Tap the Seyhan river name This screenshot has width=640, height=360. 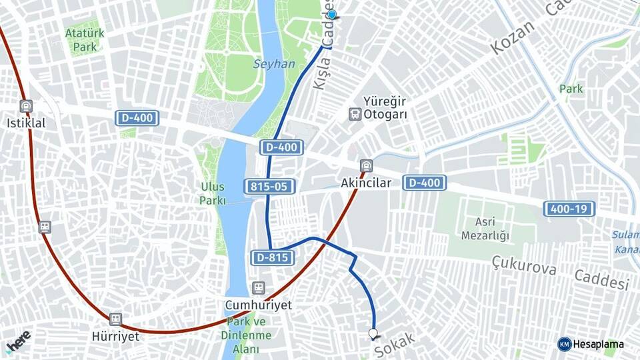tap(273, 64)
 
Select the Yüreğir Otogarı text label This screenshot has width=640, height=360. tap(385, 107)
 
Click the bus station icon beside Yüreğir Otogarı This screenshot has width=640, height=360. tap(355, 115)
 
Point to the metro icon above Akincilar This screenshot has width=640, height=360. tap(365, 166)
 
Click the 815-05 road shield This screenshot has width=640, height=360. tap(270, 187)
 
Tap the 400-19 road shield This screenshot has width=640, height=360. tap(569, 209)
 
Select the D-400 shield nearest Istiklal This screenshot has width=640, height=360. tap(137, 119)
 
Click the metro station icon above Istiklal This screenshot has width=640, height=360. tap(26, 107)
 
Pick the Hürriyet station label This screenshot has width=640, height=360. tap(116, 336)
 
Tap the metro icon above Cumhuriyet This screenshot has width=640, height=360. tap(258, 288)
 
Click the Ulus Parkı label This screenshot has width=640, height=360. tap(213, 193)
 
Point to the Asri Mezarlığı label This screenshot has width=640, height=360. tap(485, 229)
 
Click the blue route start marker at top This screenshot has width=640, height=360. tap(331, 14)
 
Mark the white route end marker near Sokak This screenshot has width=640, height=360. tap(373, 334)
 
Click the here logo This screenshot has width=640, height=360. tap(18, 341)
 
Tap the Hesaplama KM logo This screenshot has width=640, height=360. tap(591, 344)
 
